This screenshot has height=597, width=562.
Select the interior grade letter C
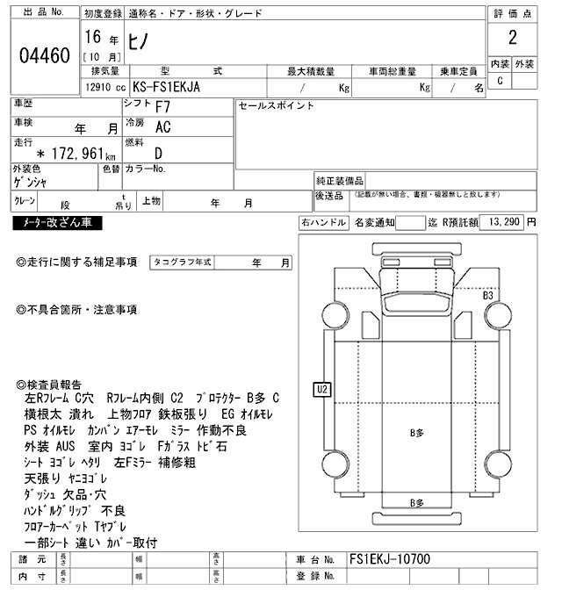(x=501, y=81)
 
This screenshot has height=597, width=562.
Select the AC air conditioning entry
(x=163, y=127)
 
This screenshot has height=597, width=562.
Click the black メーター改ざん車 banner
(x=58, y=223)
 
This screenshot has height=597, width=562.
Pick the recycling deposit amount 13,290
(x=504, y=222)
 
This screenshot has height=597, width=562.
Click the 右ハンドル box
(x=322, y=222)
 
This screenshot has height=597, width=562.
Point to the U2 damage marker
(x=321, y=388)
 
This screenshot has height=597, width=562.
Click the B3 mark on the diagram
(x=488, y=296)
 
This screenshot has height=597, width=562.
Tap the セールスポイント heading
(x=277, y=105)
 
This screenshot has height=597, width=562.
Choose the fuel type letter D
(x=157, y=152)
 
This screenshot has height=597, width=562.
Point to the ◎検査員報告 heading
(x=49, y=385)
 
